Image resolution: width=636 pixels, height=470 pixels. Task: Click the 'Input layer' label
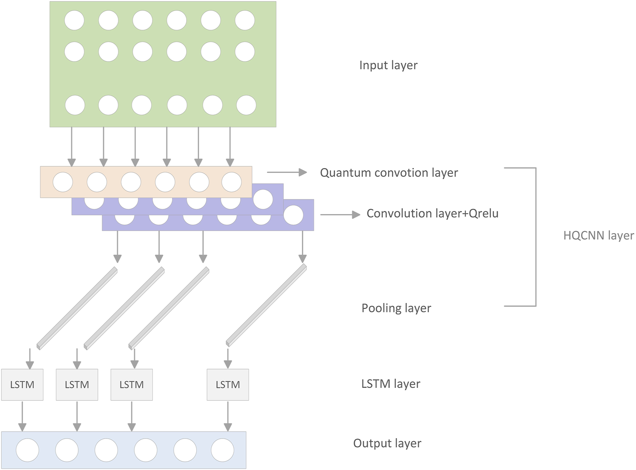coord(388,65)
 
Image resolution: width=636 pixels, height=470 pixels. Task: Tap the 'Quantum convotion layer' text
coord(389,173)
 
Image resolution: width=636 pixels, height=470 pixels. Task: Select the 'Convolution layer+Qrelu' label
coord(432,213)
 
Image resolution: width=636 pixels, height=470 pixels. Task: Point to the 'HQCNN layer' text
coord(598,235)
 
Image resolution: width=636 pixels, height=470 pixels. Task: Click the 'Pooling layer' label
coord(396,308)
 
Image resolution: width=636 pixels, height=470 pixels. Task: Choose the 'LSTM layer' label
coord(391,384)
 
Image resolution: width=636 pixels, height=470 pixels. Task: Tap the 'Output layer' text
coord(387,443)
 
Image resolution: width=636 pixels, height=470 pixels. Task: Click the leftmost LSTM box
coord(22,384)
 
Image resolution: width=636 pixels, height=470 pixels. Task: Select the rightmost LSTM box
coord(228,384)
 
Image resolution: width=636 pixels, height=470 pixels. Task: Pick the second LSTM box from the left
coord(77,384)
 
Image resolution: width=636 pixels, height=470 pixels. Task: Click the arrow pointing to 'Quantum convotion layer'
coord(287,172)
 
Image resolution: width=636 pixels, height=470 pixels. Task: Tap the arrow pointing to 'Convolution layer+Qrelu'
coord(340,214)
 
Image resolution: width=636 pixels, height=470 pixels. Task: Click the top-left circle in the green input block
coord(74,21)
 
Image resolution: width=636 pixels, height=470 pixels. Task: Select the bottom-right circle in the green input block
coord(246,105)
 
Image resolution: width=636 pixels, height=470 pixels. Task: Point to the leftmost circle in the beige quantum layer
coord(63,182)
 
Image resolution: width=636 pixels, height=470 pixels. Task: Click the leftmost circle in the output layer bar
coord(28,450)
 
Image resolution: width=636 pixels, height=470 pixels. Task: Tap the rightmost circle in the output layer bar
coord(222,450)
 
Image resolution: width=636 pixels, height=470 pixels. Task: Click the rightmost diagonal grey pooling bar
coord(266,305)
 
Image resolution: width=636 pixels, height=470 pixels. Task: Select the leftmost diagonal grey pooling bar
coord(77,308)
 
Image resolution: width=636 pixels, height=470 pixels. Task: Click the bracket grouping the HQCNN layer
coord(535,236)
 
